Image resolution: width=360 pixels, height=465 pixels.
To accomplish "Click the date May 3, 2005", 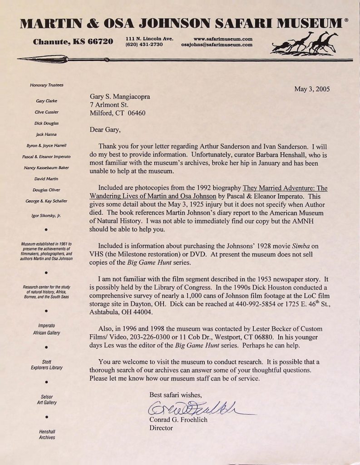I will [312, 89].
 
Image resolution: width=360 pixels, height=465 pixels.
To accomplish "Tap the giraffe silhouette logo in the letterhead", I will [305, 43].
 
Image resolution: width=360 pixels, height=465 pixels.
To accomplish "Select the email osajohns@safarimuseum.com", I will [217, 45].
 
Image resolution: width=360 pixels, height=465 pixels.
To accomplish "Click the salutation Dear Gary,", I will [105, 130].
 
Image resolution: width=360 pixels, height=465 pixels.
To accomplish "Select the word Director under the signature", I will [161, 428].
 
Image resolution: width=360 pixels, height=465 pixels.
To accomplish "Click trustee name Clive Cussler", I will [47, 111].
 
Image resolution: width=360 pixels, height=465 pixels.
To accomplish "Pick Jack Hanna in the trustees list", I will [47, 134].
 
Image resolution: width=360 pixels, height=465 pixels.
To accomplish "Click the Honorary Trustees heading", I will [47, 85].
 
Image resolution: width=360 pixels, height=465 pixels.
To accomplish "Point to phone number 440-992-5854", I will [251, 304].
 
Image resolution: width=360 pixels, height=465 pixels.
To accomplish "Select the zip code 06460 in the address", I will [136, 113].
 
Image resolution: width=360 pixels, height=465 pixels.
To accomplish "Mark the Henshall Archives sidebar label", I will [47, 434].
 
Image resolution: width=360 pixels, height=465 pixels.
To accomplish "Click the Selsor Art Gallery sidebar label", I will [47, 400].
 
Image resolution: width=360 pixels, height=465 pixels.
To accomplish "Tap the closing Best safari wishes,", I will [178, 395].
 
